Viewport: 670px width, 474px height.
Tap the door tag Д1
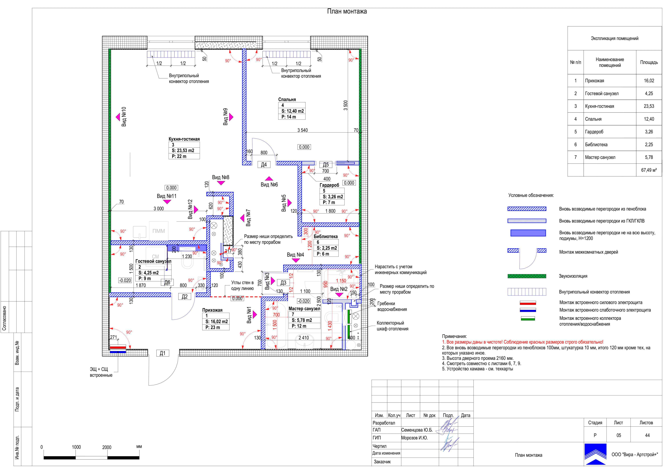(163, 353)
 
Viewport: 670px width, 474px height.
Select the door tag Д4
(264, 165)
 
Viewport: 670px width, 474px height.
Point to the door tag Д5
(326, 165)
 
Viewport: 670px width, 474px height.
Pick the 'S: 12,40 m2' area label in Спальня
(293, 111)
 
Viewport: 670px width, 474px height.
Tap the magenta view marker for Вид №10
(118, 117)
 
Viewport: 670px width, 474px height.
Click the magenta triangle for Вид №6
(269, 178)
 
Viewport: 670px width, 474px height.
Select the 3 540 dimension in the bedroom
(302, 130)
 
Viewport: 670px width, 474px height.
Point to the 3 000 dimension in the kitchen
(159, 208)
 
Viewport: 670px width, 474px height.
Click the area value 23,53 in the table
(649, 106)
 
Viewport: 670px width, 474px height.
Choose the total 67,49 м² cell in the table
(649, 170)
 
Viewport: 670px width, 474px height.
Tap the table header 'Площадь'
(649, 62)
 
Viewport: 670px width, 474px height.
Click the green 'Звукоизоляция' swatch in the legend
(527, 276)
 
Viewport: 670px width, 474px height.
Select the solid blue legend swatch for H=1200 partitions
(528, 233)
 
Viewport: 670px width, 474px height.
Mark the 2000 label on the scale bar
(107, 447)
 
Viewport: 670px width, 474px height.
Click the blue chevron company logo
(595, 454)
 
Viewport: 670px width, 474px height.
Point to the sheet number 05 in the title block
(619, 435)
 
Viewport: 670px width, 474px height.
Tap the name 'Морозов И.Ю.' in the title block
(414, 438)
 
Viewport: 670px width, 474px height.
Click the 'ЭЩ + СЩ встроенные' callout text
(101, 372)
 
